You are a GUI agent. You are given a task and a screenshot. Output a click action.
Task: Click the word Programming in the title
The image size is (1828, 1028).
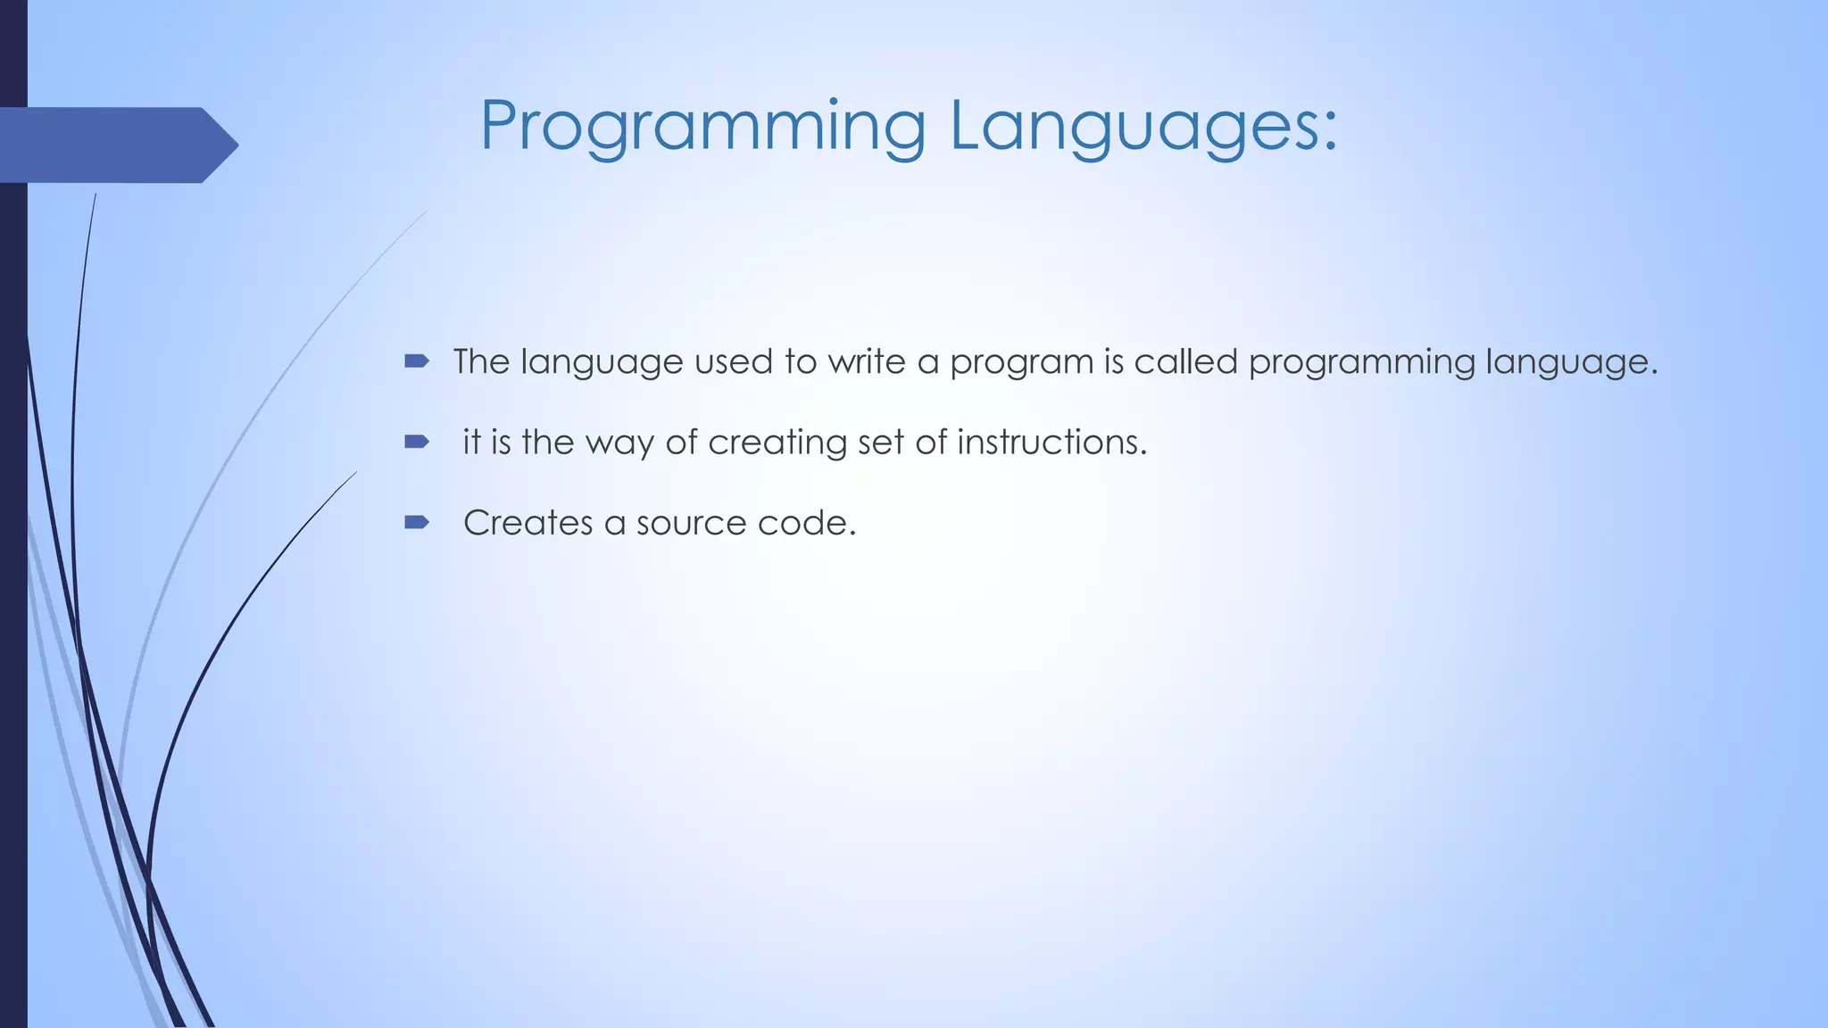point(702,127)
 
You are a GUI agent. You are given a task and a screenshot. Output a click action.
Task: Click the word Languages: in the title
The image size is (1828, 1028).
point(1143,127)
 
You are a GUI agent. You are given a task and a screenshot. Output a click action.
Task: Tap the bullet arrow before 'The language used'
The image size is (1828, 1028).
point(416,361)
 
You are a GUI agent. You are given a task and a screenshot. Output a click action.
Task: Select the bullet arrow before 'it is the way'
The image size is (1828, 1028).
point(416,442)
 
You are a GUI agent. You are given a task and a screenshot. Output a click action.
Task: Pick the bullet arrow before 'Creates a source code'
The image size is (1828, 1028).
point(416,522)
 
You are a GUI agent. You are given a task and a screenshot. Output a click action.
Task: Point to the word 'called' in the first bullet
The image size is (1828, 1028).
point(1185,361)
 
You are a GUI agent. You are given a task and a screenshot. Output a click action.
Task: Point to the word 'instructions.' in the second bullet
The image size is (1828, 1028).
point(1051,442)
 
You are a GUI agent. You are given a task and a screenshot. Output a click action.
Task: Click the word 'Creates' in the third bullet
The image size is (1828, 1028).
point(528,523)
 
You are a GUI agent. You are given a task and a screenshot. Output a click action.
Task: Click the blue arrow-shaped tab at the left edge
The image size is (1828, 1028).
point(116,145)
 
